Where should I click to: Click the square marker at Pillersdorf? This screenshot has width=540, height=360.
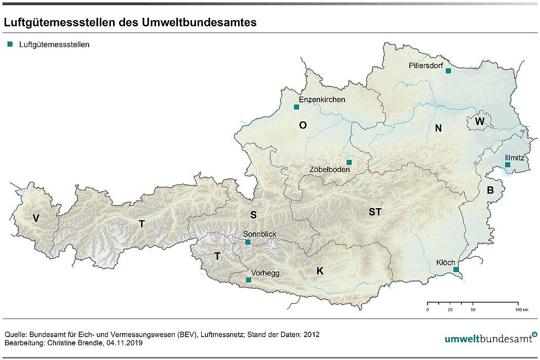(x=448, y=71)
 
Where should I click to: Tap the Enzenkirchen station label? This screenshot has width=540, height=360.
(x=322, y=100)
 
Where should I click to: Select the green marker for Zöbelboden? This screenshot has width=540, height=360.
(x=349, y=162)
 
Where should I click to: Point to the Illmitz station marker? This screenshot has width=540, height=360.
(x=508, y=165)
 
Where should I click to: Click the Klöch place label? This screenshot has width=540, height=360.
(x=445, y=263)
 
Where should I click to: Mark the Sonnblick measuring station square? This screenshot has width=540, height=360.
(x=248, y=243)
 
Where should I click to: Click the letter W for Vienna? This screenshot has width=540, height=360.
(x=480, y=122)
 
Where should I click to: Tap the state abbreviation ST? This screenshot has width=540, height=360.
(x=375, y=212)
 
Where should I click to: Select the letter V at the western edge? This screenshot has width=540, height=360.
(x=35, y=218)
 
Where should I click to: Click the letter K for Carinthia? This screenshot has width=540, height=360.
(x=320, y=271)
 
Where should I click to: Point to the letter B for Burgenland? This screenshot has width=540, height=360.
(x=490, y=191)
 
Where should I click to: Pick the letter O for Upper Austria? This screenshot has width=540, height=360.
(x=303, y=126)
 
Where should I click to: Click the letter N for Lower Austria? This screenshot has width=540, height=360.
(x=438, y=129)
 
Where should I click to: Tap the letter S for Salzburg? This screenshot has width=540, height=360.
(x=253, y=215)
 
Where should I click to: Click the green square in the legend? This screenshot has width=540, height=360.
(x=10, y=45)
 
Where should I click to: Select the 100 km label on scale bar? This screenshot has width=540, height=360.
(x=522, y=309)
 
